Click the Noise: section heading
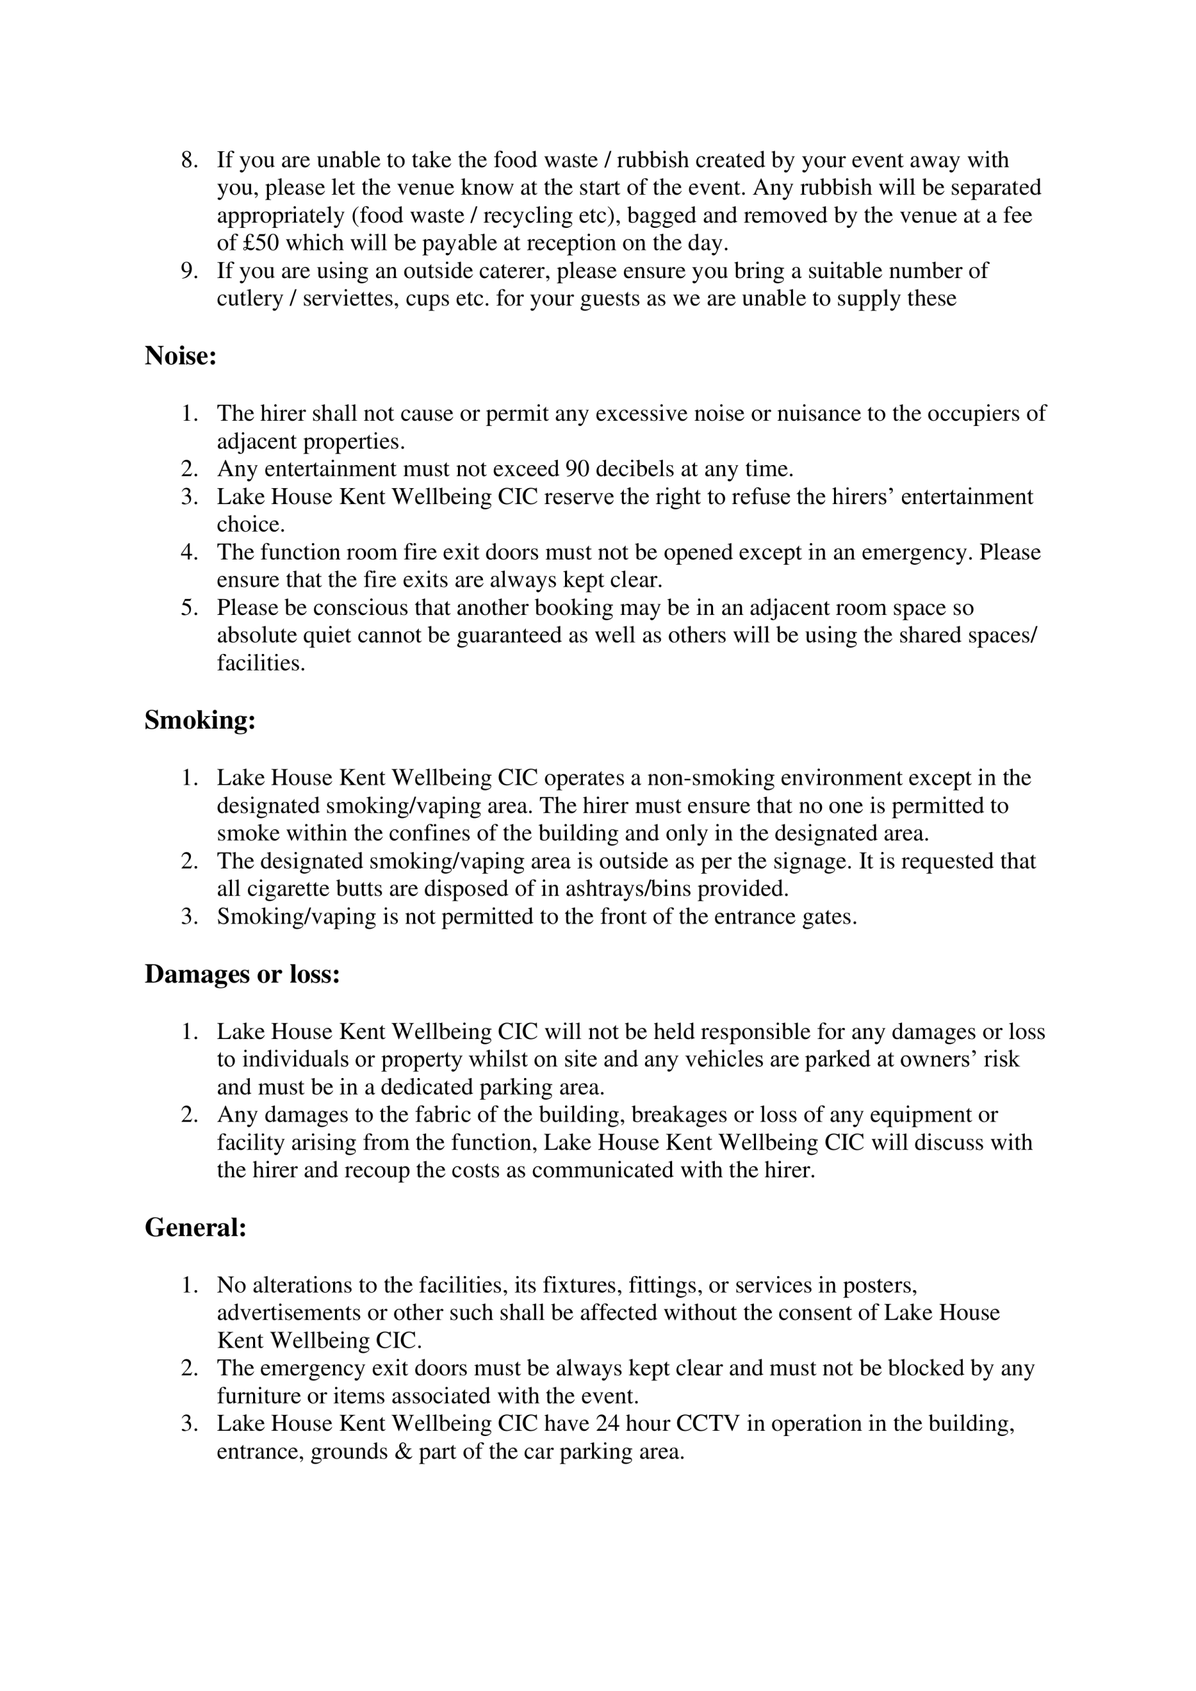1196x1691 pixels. pos(180,357)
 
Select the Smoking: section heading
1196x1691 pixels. pos(200,720)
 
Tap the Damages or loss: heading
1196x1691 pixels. pos(242,974)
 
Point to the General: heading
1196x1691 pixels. pos(196,1228)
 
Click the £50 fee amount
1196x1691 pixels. pos(261,243)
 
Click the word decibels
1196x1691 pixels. pos(646,469)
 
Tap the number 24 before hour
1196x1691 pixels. pos(608,1423)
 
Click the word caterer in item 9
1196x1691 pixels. pos(511,271)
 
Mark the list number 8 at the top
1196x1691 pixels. pos(190,161)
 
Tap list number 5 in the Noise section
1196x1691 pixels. pos(190,608)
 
